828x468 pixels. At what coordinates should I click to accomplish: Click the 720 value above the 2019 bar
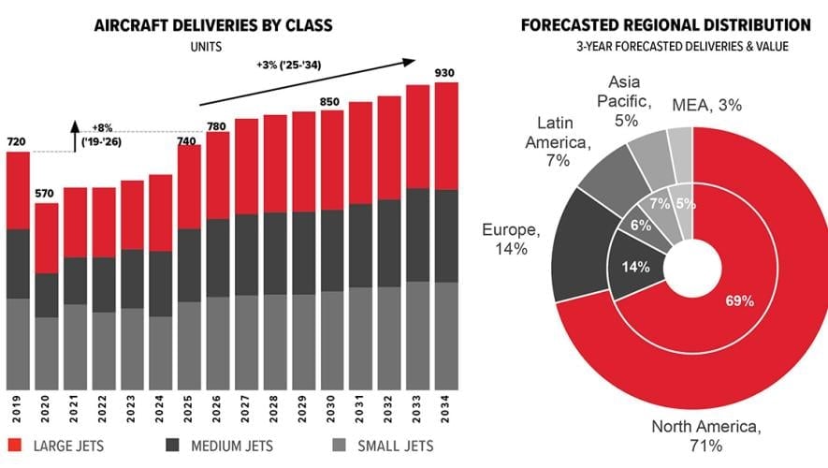[x=17, y=142]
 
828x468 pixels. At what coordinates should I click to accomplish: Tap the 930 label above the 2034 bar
[x=446, y=73]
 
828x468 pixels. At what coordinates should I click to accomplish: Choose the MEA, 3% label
[x=707, y=106]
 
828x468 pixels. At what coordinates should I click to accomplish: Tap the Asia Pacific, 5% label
[x=627, y=101]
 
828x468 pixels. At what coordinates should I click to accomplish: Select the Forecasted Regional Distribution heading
[x=665, y=25]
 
